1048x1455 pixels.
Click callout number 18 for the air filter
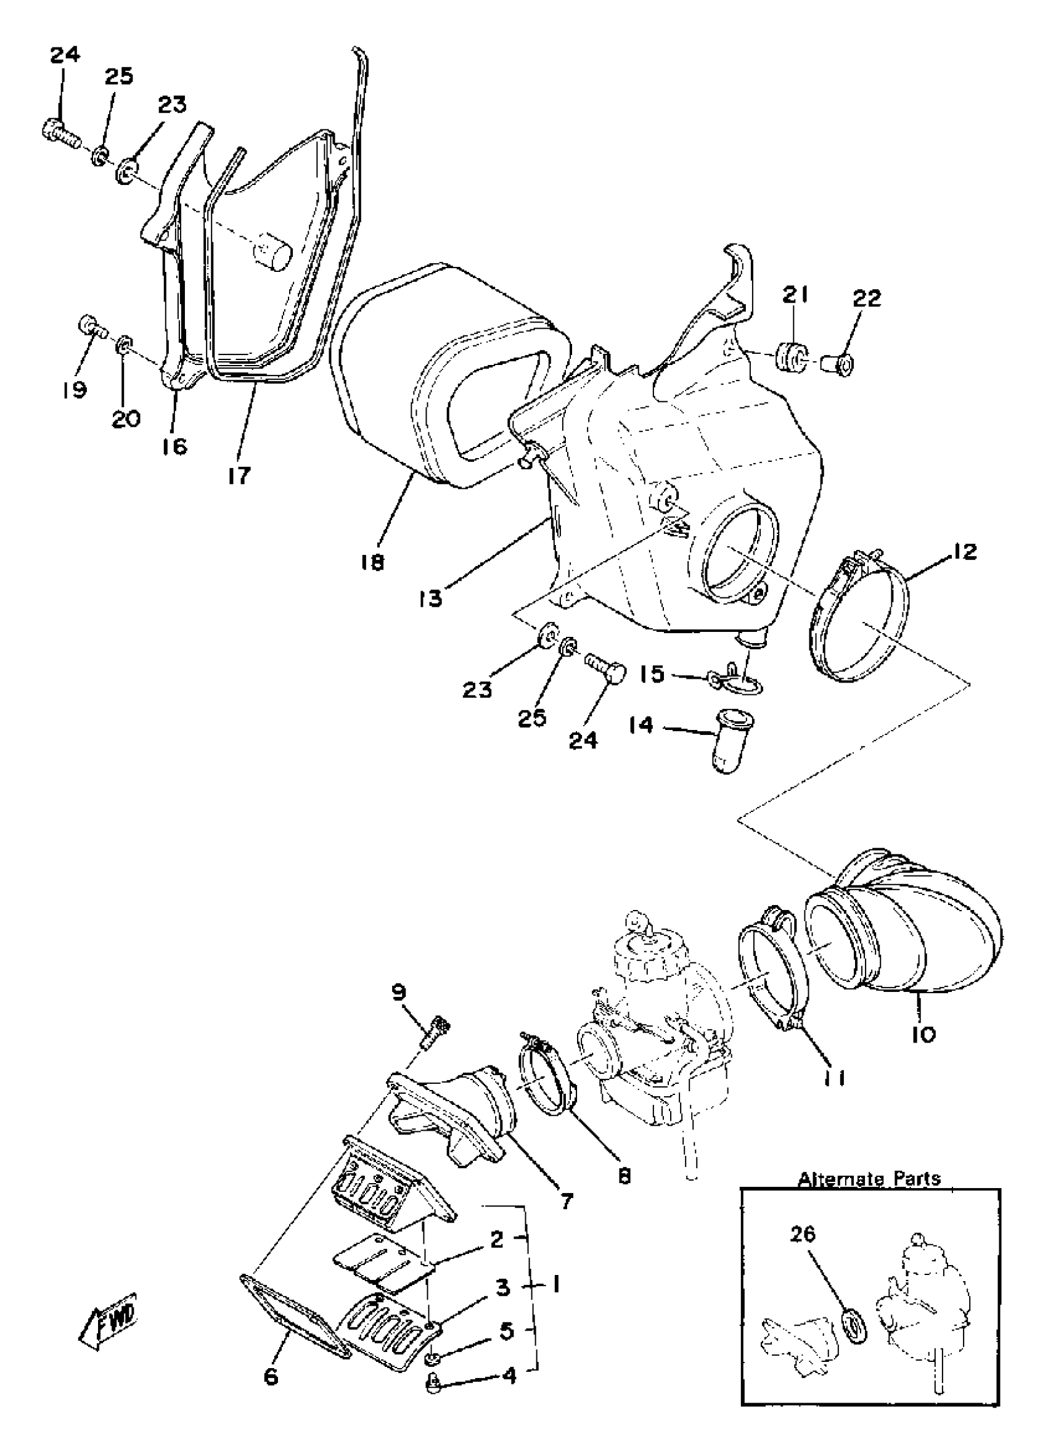coord(372,562)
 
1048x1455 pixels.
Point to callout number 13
coord(431,598)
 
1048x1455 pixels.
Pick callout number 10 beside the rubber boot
coord(923,1033)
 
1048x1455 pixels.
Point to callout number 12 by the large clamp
coord(965,551)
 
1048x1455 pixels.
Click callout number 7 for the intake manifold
coord(567,1197)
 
